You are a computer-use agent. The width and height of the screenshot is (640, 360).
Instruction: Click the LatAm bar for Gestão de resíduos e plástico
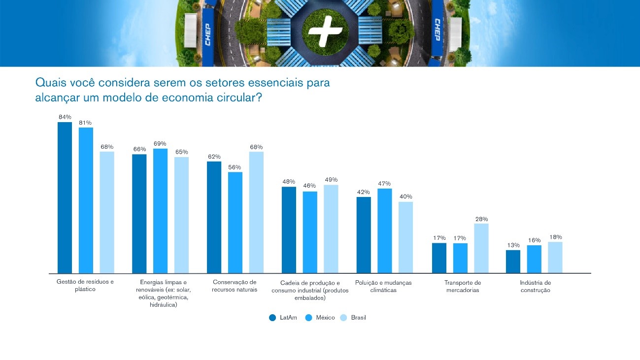(x=65, y=197)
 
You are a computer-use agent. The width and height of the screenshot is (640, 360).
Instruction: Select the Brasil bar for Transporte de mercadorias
(x=481, y=248)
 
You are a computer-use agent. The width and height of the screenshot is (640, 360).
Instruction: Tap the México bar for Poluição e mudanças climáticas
(x=384, y=230)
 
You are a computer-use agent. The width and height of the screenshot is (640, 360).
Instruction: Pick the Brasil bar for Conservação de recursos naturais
(x=256, y=212)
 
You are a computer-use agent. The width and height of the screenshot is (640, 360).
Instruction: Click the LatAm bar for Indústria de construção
(x=513, y=262)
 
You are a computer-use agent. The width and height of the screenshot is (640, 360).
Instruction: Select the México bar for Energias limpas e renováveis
(x=160, y=210)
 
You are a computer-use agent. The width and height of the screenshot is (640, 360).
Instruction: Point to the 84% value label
(x=65, y=117)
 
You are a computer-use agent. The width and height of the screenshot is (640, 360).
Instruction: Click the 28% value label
(x=481, y=219)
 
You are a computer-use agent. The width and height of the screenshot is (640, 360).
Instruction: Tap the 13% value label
(x=513, y=245)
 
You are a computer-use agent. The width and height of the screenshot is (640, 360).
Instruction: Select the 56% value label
(x=235, y=167)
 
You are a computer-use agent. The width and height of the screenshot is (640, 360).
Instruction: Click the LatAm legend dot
(x=272, y=318)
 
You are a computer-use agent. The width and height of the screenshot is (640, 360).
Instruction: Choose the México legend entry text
(x=325, y=318)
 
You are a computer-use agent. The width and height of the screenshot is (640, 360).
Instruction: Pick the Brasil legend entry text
(x=358, y=318)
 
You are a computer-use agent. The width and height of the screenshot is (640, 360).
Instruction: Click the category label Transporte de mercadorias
(x=462, y=286)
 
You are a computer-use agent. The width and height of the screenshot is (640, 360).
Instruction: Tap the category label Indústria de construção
(x=535, y=286)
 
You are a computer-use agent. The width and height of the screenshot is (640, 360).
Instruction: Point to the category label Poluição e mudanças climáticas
(x=383, y=286)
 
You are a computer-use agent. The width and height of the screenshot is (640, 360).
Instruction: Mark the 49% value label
(x=331, y=180)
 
